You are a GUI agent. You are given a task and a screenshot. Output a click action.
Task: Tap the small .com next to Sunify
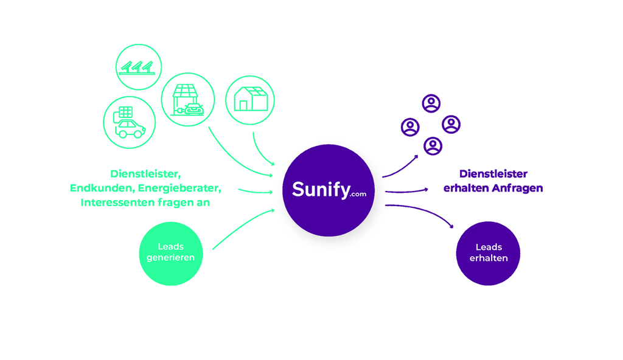click(x=358, y=194)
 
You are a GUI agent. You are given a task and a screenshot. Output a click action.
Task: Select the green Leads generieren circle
click(x=170, y=253)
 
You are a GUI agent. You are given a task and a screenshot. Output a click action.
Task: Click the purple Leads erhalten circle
click(x=488, y=253)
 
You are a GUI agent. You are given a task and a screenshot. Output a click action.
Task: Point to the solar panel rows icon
click(x=139, y=67)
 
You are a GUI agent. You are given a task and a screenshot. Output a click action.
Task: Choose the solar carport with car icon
click(x=188, y=100)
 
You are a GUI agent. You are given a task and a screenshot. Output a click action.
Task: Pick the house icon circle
click(x=249, y=100)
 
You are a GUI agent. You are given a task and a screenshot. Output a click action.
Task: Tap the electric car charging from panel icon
click(x=130, y=122)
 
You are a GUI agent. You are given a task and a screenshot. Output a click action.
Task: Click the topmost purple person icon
click(x=431, y=103)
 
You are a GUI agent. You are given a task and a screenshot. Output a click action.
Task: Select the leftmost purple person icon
click(x=410, y=127)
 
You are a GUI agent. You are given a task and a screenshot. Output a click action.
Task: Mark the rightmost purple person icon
click(x=451, y=124)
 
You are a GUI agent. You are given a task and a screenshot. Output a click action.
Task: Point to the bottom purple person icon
click(x=433, y=146)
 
